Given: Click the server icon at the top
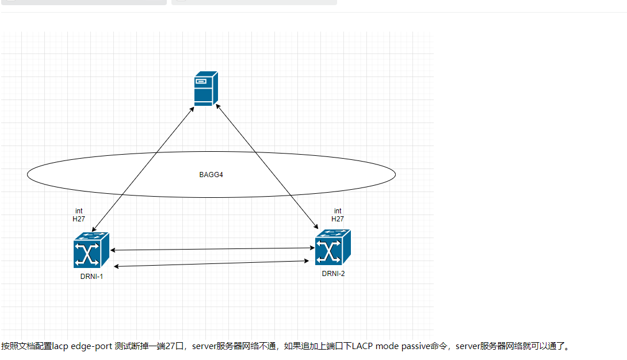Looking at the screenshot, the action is click(206, 89).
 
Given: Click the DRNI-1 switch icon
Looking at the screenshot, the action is click(91, 250).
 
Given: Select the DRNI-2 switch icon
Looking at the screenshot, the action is click(332, 247).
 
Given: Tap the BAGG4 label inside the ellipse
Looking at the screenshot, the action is click(211, 175).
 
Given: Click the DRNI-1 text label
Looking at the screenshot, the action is click(91, 277).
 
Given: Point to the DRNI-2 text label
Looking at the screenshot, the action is click(333, 274).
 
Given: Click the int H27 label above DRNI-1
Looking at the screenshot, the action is click(79, 215).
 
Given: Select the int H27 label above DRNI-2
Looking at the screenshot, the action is click(338, 215).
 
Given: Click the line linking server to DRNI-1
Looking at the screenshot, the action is click(143, 169).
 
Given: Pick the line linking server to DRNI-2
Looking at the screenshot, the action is click(267, 167).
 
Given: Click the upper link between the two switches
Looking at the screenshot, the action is click(213, 249).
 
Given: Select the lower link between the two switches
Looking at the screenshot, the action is click(212, 264).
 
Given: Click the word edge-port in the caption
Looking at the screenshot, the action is click(91, 346).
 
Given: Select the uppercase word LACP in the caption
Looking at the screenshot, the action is click(362, 346).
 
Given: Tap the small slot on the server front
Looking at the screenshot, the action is click(201, 82).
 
